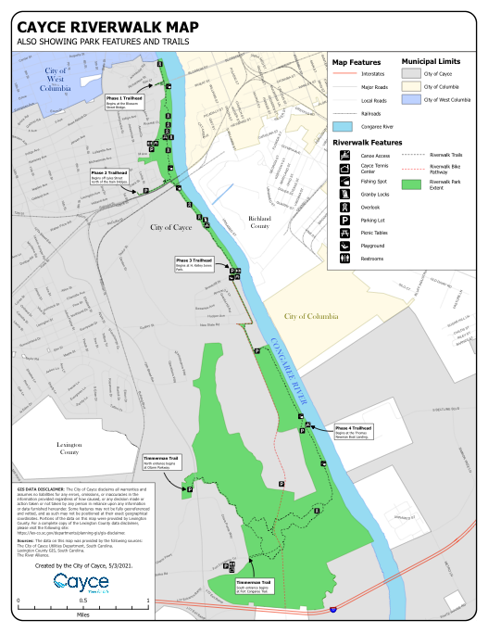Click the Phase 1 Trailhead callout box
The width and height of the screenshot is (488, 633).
tap(124, 101)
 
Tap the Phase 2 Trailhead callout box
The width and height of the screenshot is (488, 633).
tap(109, 175)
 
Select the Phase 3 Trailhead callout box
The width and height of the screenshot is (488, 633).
tap(194, 265)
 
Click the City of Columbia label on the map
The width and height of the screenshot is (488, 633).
tap(311, 316)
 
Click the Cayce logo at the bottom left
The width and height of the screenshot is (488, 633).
tap(81, 582)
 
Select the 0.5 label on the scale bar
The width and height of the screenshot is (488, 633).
tap(82, 601)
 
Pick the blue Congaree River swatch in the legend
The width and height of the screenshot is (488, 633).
tap(343, 126)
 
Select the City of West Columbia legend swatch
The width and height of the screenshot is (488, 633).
tap(412, 99)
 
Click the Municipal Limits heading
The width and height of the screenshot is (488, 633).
tap(431, 61)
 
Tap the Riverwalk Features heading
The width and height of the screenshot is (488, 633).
tap(368, 143)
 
